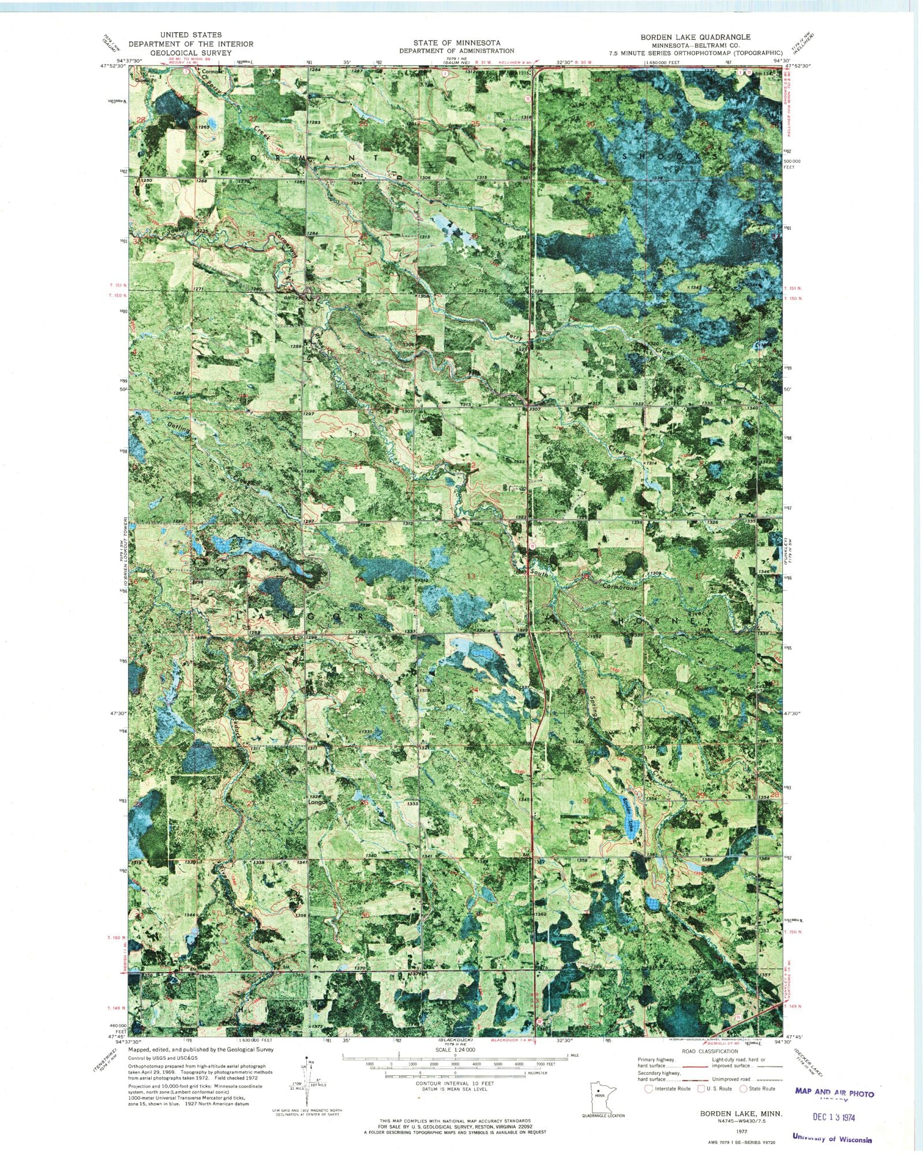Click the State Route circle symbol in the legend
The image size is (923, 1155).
(x=743, y=1089)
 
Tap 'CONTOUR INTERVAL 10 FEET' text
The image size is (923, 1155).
(x=456, y=1084)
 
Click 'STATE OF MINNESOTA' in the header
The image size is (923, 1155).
(x=456, y=43)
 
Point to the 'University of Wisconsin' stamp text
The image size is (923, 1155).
(x=832, y=1138)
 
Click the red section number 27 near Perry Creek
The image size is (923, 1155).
(x=252, y=119)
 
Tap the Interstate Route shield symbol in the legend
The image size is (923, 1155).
(x=648, y=1089)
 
